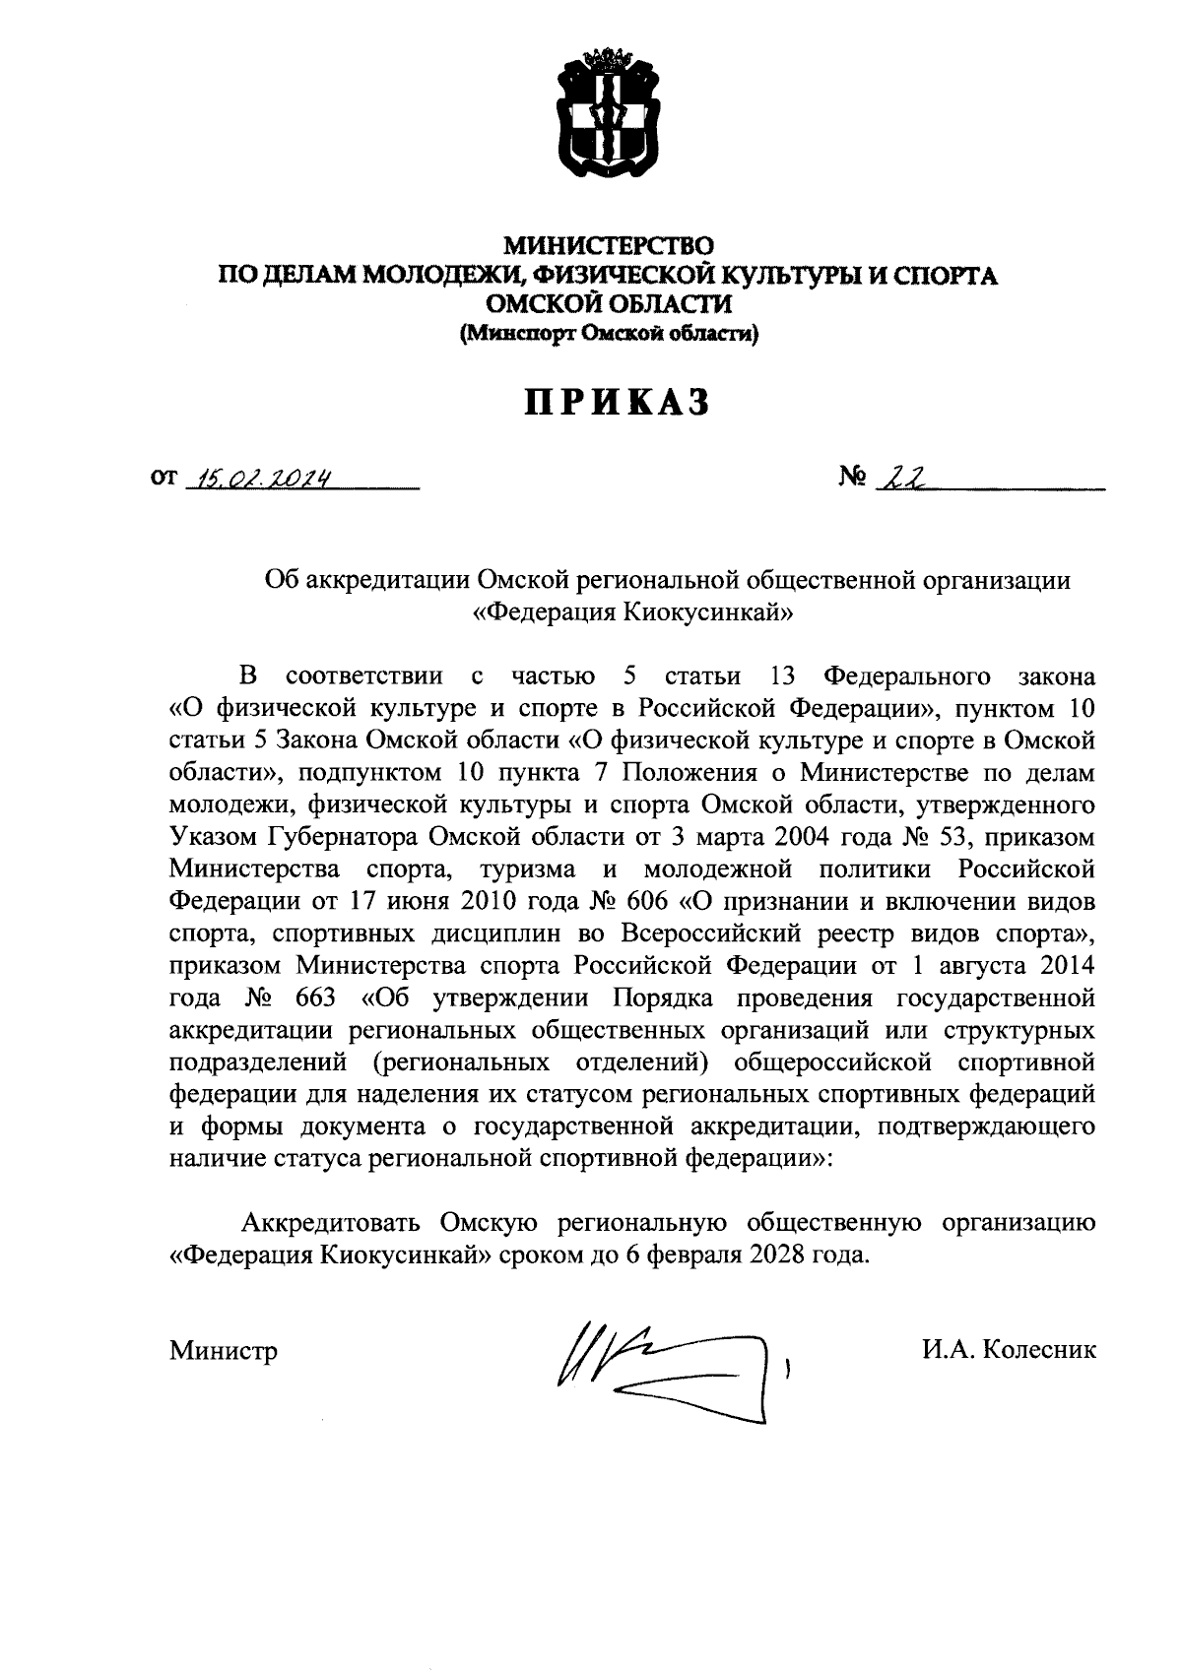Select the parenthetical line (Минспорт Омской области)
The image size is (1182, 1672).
click(608, 335)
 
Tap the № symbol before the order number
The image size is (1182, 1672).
click(853, 480)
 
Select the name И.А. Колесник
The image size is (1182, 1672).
click(1009, 1349)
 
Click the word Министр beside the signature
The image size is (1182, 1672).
click(223, 1350)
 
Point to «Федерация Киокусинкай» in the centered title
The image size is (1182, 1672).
click(633, 612)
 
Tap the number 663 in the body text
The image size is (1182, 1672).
click(315, 997)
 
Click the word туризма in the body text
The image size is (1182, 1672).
click(528, 869)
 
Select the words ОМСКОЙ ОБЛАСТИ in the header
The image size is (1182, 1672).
click(608, 305)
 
